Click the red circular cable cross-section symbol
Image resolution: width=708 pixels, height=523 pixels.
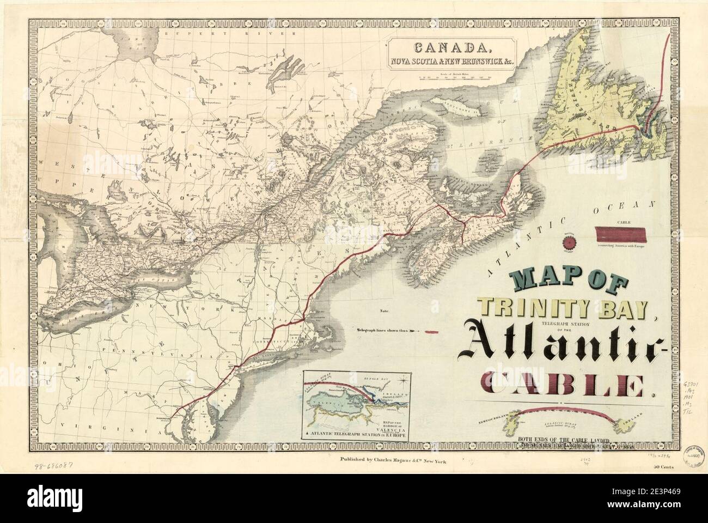tap(568, 238)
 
